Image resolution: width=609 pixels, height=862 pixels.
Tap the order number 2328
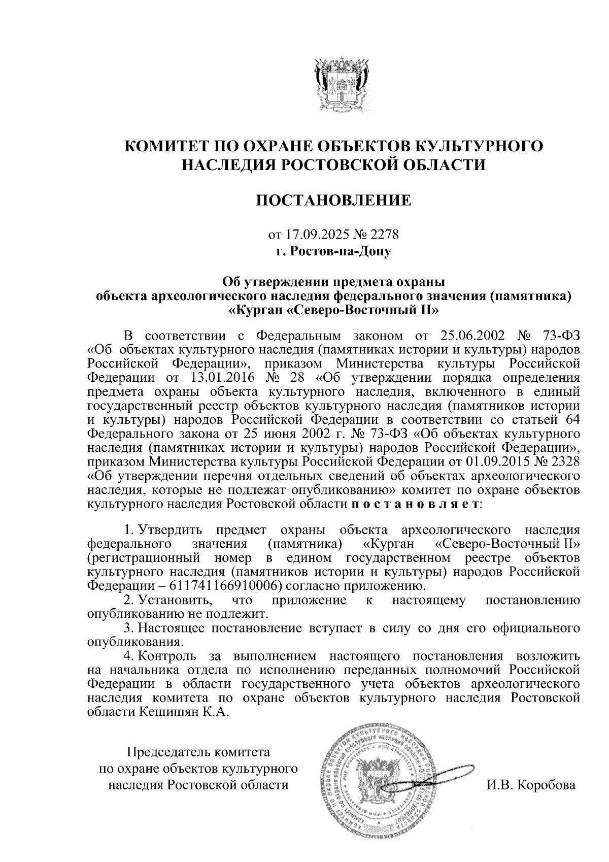pyautogui.click(x=562, y=462)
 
